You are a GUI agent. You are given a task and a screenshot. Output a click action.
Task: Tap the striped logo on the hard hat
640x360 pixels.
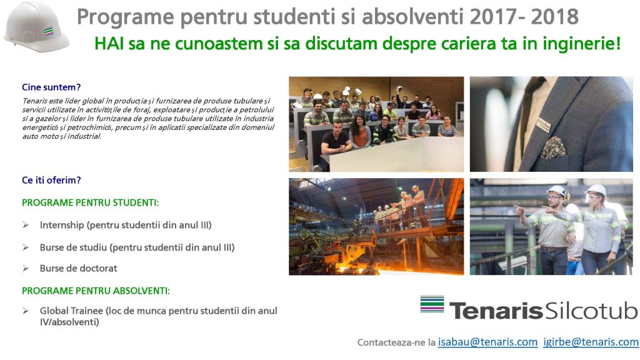click(49, 31)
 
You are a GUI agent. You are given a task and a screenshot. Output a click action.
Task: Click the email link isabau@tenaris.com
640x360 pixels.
click(487, 342)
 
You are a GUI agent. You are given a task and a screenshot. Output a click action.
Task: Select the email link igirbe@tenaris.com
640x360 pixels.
click(591, 342)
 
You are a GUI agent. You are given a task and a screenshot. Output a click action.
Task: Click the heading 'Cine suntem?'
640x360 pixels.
click(51, 87)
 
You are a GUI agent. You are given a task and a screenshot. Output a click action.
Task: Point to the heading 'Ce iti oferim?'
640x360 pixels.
click(51, 180)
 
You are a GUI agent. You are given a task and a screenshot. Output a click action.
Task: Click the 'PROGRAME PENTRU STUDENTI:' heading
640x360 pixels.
click(90, 203)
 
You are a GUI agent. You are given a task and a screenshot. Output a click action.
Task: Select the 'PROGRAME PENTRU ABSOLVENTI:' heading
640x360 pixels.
click(96, 291)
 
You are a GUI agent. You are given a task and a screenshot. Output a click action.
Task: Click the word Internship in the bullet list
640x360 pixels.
click(62, 225)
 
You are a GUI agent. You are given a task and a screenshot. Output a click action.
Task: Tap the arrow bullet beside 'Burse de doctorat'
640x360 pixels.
click(26, 268)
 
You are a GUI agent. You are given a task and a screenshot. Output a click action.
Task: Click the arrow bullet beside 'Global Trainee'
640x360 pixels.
click(26, 311)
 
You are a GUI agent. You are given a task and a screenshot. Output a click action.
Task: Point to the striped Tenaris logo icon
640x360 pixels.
click(432, 304)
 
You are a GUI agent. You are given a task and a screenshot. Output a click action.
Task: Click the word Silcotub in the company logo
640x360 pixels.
click(591, 311)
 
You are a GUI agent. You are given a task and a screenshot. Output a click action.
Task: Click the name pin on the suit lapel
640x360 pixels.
click(543, 124)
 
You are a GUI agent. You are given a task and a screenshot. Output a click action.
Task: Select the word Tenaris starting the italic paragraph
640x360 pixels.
click(34, 101)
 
